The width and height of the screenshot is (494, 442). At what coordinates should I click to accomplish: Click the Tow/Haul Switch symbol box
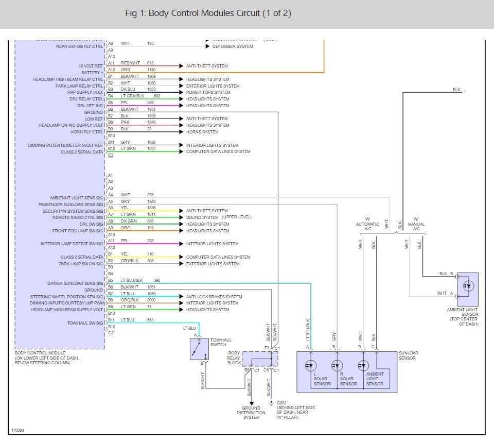[x=199, y=350]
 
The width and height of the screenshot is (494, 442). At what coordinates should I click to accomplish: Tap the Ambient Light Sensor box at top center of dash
[x=467, y=289]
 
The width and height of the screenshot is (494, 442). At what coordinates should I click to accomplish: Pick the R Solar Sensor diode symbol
[x=337, y=366]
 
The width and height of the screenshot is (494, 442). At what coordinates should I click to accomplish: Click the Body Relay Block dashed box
[x=259, y=359]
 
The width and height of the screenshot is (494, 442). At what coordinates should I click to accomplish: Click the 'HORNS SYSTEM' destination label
[x=202, y=132]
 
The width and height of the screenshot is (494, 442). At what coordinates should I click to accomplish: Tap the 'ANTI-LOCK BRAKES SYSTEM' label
[x=214, y=297]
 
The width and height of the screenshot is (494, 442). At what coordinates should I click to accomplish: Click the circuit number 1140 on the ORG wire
[x=151, y=70]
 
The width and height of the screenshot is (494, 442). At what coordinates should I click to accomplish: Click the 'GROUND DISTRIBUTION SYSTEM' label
[x=251, y=413]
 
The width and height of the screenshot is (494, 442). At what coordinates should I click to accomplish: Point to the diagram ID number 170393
[x=19, y=430]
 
